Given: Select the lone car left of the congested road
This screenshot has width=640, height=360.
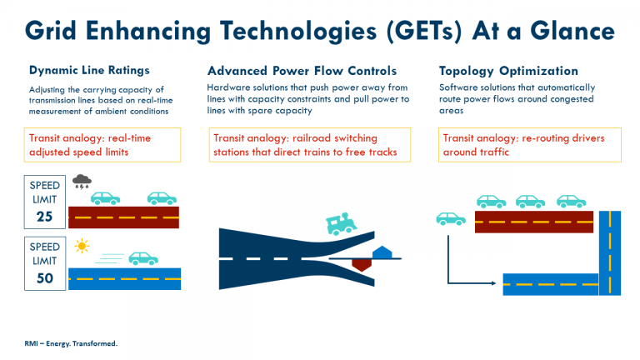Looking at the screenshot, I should click(x=451, y=218).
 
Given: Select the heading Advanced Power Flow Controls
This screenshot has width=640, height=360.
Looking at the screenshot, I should click(x=302, y=70).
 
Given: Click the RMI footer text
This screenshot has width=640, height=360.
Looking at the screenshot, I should click(x=71, y=343).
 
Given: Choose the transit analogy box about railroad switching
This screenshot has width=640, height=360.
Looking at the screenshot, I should click(x=309, y=144).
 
